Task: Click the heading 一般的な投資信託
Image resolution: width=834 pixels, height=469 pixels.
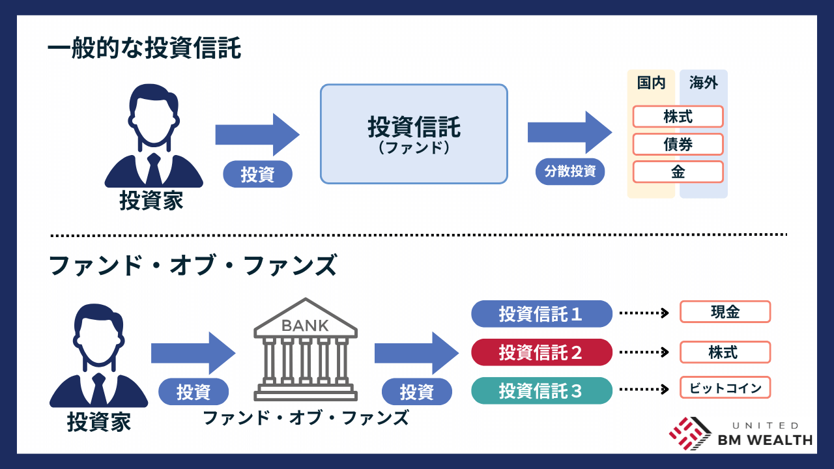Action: click(144, 48)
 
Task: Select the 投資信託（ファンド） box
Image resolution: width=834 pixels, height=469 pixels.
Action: click(413, 134)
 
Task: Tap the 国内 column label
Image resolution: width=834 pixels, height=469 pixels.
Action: click(651, 83)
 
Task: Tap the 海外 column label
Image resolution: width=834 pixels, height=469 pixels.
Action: click(703, 83)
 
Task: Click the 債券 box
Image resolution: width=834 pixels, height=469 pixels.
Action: click(678, 144)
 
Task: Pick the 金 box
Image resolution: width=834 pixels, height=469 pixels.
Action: click(678, 172)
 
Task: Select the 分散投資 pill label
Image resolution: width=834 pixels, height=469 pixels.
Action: click(570, 173)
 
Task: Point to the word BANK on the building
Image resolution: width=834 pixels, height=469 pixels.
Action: click(305, 325)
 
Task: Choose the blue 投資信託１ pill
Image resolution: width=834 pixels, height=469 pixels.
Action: click(541, 314)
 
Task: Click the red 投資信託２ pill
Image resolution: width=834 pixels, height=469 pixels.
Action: click(541, 352)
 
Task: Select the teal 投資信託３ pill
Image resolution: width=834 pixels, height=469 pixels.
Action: click(541, 391)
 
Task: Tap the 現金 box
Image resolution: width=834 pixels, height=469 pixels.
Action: click(725, 312)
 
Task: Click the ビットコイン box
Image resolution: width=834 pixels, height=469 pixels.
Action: click(725, 388)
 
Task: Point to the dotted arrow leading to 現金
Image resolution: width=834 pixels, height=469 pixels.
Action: click(644, 313)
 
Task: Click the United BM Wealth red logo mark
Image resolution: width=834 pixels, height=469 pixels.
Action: click(690, 433)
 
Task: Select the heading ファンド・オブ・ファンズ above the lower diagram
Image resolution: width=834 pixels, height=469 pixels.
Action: click(193, 266)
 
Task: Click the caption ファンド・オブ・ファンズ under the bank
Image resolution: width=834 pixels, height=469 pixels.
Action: click(306, 417)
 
